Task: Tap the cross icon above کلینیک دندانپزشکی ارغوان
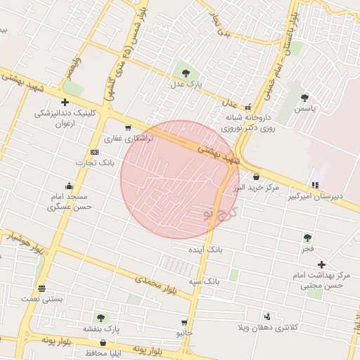point(65,102)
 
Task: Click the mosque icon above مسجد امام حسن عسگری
point(69,186)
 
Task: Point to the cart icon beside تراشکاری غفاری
point(127,128)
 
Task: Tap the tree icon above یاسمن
point(304,98)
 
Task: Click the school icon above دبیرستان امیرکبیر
point(315,186)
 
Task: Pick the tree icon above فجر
point(307,238)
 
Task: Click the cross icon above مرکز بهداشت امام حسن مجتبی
point(322,264)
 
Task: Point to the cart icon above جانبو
point(184,322)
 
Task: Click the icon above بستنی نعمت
point(41,288)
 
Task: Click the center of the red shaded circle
point(171,179)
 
